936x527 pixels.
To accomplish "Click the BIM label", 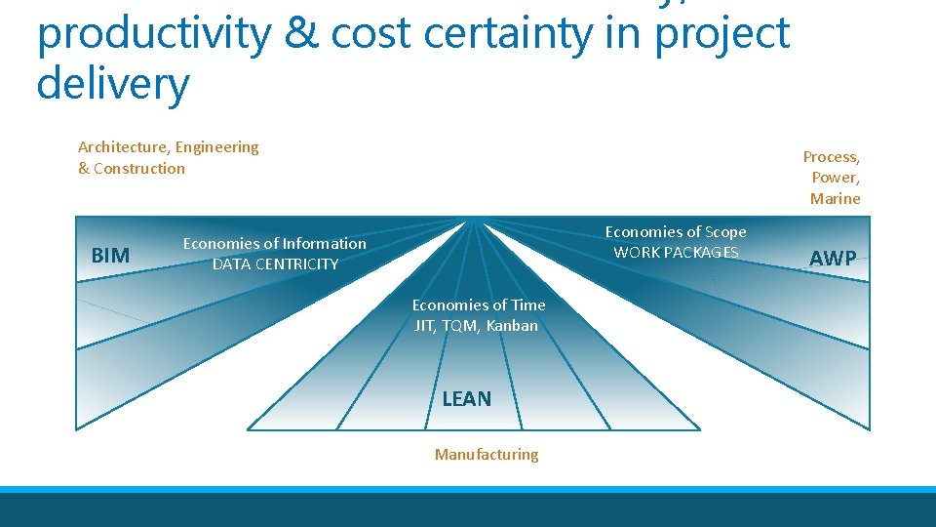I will pos(110,256).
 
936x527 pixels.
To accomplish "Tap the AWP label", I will pos(834,259).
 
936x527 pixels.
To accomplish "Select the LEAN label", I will pos(467,398).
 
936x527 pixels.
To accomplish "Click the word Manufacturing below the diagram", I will pos(487,454).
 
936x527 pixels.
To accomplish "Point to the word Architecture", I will pos(123,147).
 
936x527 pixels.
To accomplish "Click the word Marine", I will pos(836,198).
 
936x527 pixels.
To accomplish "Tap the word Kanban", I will pos(512,326).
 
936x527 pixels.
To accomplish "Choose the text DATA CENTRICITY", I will pos(275,263).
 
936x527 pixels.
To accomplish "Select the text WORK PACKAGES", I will pos(676,252).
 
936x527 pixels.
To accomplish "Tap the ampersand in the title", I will pos(299,33).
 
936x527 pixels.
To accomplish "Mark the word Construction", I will pos(139,168).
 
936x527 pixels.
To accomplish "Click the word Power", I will pos(836,178).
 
